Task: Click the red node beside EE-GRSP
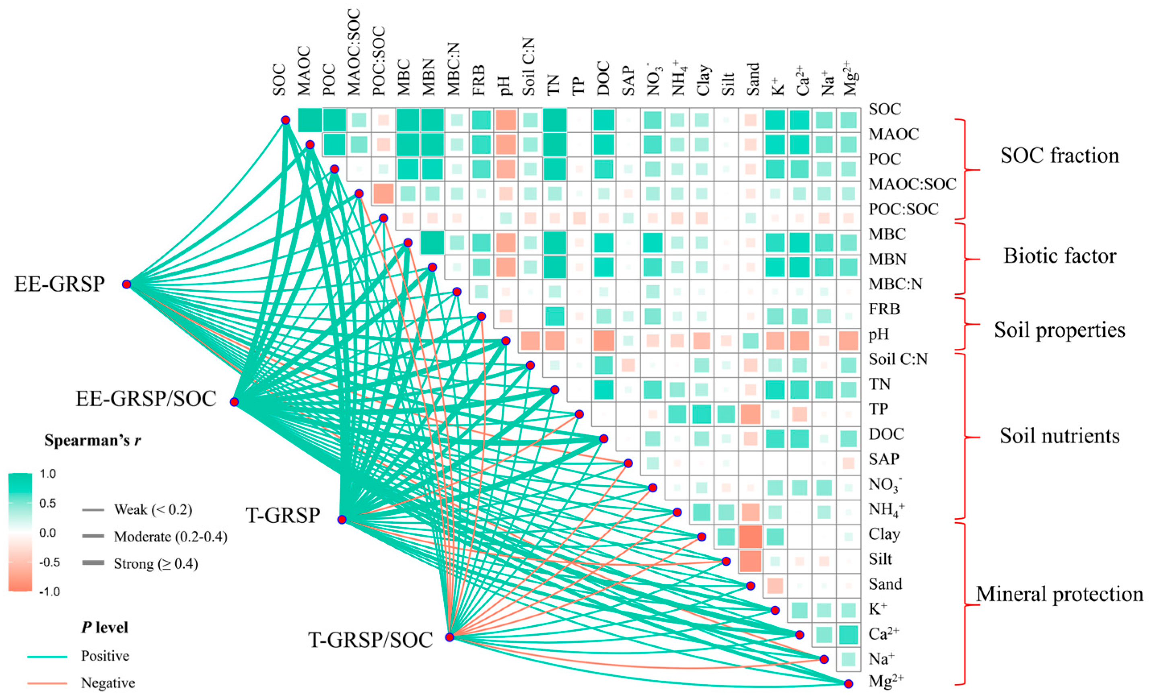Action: point(126,284)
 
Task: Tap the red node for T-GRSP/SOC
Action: point(449,637)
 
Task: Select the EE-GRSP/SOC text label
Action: point(146,399)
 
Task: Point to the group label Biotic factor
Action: point(1059,256)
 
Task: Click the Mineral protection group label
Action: point(1059,595)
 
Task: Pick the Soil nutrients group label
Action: point(1059,436)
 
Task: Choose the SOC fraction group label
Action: point(1059,155)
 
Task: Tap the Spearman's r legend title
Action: point(93,440)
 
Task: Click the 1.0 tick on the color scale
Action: point(47,474)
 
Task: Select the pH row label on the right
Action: point(879,334)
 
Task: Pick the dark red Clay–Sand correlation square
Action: point(750,536)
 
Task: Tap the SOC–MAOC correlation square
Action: point(310,120)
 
